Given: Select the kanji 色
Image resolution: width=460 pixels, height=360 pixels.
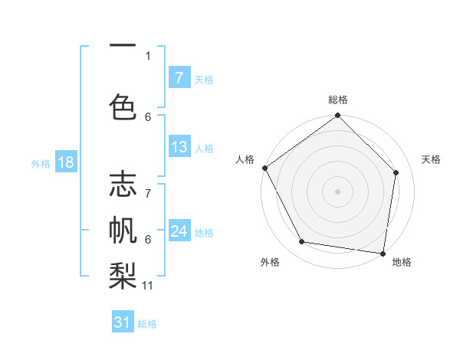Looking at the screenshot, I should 123,105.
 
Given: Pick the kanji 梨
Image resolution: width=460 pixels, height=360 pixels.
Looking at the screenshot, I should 123,274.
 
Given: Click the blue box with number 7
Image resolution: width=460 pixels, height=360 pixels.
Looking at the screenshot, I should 179,77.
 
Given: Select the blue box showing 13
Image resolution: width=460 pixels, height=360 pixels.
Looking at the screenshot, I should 179,147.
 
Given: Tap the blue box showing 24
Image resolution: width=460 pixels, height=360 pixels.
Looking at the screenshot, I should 179,231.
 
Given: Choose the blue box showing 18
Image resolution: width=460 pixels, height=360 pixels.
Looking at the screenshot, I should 65,162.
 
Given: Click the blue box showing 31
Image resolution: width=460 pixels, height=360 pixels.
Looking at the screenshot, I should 123,322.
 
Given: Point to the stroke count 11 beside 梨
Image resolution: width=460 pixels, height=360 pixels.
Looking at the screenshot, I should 148,286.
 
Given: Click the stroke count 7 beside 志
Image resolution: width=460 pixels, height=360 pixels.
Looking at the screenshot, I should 148,185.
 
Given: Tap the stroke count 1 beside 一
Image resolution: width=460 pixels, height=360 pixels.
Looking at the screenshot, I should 148,55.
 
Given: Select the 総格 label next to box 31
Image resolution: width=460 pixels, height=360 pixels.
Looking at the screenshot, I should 147,324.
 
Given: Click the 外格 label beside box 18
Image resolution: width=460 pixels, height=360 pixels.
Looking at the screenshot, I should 40,163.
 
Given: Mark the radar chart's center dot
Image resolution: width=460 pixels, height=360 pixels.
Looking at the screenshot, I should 337,191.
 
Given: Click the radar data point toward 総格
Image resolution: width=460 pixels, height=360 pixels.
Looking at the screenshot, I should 337,116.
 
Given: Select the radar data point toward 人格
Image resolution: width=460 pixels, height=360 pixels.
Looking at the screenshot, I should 264,168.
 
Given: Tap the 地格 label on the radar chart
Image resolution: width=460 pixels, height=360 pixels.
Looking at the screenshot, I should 402,262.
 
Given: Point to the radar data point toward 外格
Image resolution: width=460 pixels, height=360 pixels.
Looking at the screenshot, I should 302,242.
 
